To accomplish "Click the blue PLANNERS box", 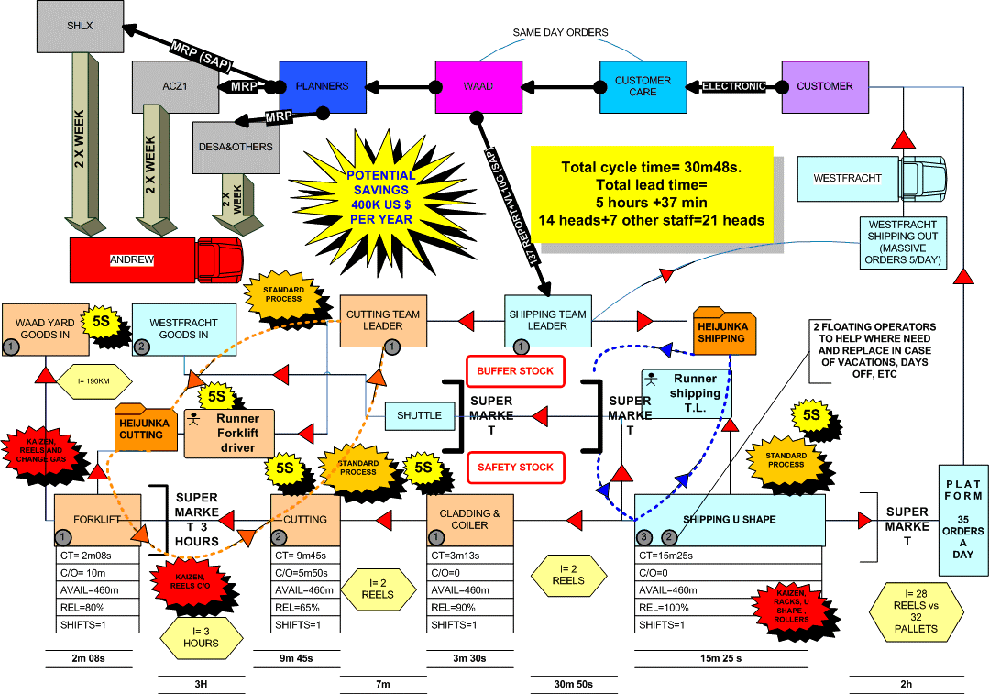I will click(322, 86).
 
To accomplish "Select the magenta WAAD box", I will click(478, 86).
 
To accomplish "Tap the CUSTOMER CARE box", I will click(643, 86).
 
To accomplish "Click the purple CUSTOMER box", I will click(824, 86).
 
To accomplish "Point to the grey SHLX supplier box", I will click(80, 27).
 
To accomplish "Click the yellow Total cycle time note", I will click(652, 194).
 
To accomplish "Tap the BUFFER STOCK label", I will click(515, 371).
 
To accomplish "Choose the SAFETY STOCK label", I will click(515, 468).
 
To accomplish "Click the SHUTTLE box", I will click(419, 415).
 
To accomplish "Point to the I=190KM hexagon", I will click(94, 380).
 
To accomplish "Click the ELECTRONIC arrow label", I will click(733, 86).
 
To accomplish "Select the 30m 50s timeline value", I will click(574, 685).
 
